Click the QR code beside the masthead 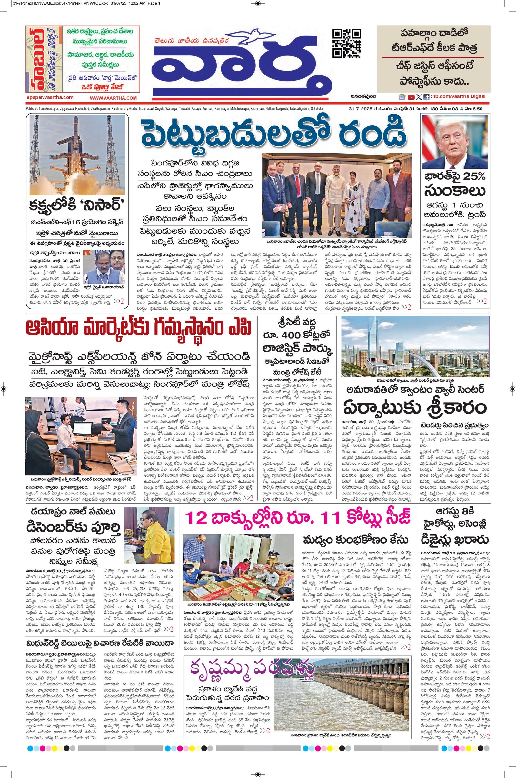point(346,43)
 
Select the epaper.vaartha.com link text point(50,97)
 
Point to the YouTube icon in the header point(411,97)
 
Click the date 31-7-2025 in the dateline point(360,109)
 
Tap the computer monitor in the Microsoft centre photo point(81,428)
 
